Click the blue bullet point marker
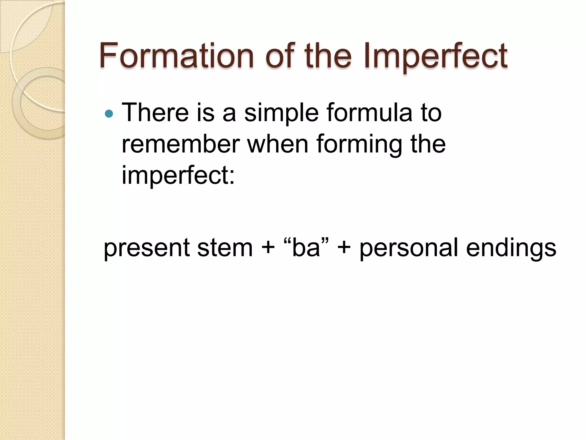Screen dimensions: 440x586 coord(109,114)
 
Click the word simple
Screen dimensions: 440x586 coord(281,113)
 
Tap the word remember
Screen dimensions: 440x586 coord(181,144)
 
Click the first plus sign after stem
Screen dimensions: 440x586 coord(268,247)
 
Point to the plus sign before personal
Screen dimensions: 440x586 coord(344,247)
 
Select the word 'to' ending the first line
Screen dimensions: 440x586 coord(431,113)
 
